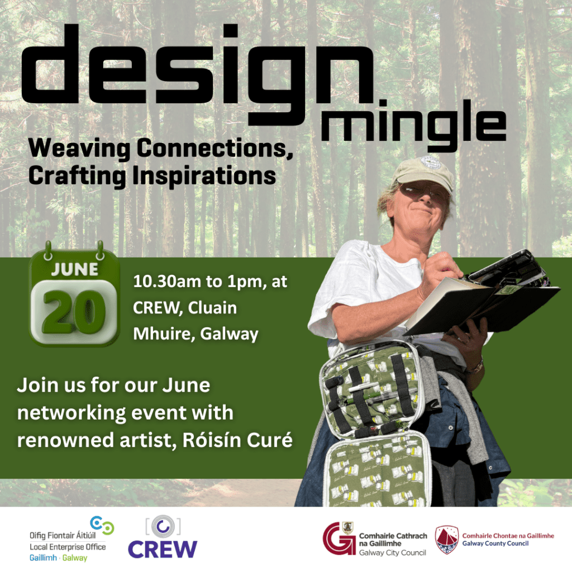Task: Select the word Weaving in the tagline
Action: coord(79,149)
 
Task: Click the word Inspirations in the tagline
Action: coord(204,176)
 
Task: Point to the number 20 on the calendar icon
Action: coord(74,312)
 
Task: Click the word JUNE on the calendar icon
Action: coord(75,270)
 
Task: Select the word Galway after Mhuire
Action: coord(229,334)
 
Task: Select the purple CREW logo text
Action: coord(163,550)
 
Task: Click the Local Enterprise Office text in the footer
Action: coord(68,547)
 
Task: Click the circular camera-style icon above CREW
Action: coord(163,526)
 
